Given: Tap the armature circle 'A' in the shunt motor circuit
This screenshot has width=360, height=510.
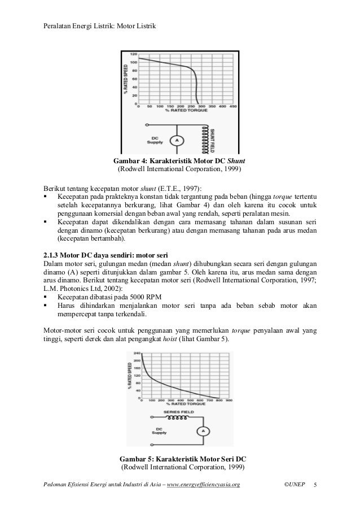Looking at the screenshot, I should (175, 140).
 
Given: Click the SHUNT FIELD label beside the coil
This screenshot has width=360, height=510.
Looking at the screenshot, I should (213, 138).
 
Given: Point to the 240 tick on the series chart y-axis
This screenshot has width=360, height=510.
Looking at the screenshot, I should (137, 354).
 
